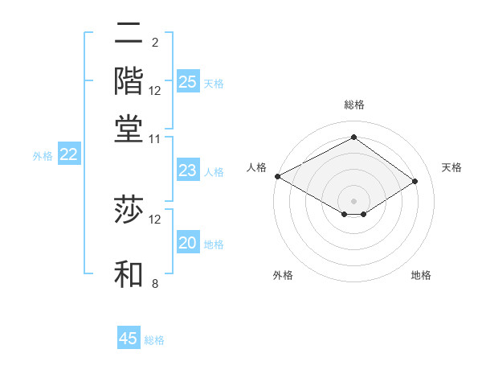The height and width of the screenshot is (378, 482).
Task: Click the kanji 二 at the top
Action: [x=129, y=34]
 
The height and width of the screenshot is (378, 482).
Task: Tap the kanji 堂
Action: [x=129, y=129]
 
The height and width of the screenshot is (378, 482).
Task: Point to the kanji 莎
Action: [x=129, y=211]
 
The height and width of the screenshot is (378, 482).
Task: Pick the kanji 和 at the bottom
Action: [x=129, y=273]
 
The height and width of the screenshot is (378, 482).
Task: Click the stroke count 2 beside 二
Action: [x=154, y=42]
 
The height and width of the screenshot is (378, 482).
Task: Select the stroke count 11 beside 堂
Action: [x=155, y=138]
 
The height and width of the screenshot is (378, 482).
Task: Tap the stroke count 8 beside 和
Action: [x=154, y=283]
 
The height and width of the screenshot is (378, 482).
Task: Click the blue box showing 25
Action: [x=187, y=81]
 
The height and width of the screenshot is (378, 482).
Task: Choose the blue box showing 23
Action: [x=187, y=171]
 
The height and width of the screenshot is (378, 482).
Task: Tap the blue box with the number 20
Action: [x=187, y=244]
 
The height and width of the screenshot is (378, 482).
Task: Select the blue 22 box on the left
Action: [x=69, y=155]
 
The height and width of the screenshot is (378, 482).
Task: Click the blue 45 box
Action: [x=129, y=339]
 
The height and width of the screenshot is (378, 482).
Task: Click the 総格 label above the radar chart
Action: [x=353, y=105]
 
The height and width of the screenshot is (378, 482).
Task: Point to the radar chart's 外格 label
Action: [x=283, y=276]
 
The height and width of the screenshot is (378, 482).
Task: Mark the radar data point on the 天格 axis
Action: [x=415, y=182]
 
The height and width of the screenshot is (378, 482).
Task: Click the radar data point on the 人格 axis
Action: [x=277, y=176]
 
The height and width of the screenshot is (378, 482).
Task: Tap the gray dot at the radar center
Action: [x=353, y=200]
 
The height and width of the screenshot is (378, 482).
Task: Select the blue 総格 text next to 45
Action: [x=154, y=340]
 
